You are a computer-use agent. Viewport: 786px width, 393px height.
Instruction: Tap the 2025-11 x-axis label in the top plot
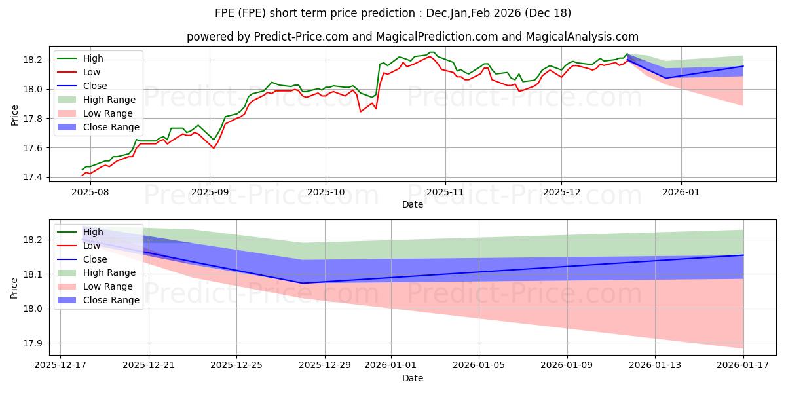pos(445,192)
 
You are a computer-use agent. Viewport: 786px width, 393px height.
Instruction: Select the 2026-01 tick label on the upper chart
pos(681,192)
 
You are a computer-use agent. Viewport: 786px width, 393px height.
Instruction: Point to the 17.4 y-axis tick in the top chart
pos(33,178)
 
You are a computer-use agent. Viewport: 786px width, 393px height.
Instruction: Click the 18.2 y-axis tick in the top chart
pos(33,60)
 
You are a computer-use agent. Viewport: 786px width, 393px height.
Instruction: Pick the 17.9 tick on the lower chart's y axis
pos(33,343)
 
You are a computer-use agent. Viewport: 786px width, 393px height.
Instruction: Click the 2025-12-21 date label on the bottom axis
pos(149,365)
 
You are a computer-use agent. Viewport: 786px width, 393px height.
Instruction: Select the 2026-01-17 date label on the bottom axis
pos(743,365)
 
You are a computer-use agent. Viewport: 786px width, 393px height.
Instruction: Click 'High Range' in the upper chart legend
pos(109,100)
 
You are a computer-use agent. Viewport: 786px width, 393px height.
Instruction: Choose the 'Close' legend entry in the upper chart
pos(96,86)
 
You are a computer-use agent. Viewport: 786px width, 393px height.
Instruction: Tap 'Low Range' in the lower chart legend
pos(109,286)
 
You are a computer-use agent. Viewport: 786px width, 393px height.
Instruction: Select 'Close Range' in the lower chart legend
pos(111,300)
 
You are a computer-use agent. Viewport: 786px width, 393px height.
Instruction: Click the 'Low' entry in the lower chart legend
pos(92,246)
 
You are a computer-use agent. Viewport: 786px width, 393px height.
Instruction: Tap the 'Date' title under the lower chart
pos(413,378)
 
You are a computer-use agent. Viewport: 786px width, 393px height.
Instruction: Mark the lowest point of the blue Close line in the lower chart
pos(303,283)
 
